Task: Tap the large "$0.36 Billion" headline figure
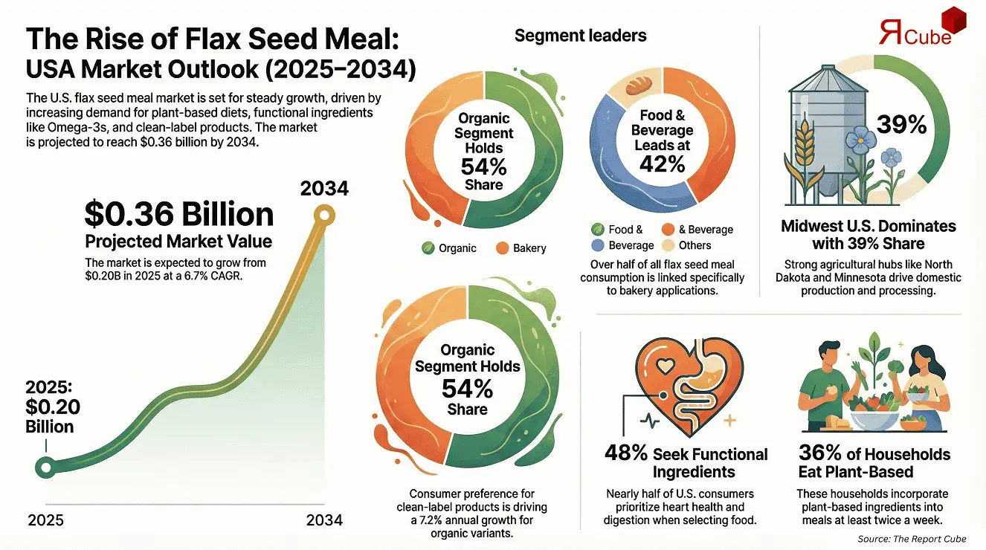(178, 215)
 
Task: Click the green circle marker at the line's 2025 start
(45, 467)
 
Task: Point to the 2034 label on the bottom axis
(324, 520)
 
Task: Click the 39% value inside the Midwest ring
(901, 125)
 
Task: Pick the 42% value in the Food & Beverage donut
(663, 164)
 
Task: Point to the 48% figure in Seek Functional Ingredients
(627, 454)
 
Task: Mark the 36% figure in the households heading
(816, 454)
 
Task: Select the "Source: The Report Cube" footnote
(921, 538)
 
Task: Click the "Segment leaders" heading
(580, 35)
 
